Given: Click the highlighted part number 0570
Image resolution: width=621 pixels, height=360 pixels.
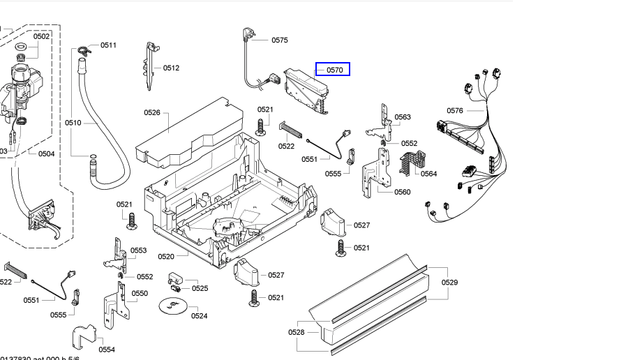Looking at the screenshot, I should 333,70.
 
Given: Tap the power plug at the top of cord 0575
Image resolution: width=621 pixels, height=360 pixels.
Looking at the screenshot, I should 248,33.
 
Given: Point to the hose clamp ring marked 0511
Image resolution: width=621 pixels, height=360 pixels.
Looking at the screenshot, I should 85,49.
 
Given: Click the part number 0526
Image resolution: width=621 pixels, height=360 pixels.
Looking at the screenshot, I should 152,112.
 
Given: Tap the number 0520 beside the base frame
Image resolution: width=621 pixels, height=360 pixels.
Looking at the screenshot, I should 165,257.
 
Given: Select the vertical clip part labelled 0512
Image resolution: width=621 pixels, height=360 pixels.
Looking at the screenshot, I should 151,66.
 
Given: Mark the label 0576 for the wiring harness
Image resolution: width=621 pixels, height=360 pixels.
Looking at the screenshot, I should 454,111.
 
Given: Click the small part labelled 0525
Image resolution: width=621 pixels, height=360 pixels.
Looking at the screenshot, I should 174,284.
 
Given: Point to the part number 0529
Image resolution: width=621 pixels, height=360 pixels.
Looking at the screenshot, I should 449,283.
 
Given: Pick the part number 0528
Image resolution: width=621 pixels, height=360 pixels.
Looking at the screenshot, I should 297,332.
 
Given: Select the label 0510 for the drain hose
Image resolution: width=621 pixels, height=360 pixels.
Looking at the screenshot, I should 73,123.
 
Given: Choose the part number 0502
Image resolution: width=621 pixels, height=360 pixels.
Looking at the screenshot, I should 41,36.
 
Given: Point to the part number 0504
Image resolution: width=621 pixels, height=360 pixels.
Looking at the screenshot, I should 46,154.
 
